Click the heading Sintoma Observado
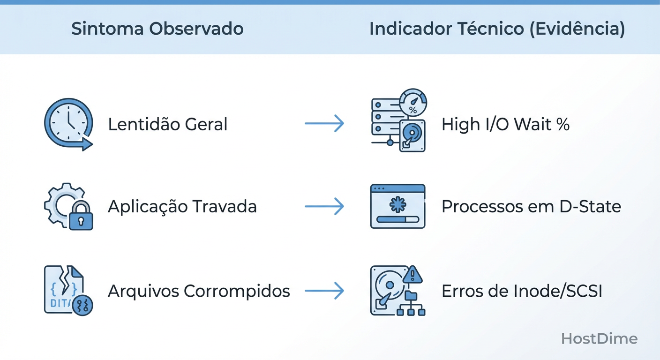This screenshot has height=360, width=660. point(157,29)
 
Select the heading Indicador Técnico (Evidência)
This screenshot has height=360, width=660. point(497,29)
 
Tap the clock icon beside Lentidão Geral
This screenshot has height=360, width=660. point(68,124)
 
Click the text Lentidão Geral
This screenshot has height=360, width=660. point(168,124)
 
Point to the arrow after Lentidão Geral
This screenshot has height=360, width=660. point(324,124)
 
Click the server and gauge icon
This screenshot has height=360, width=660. point(398,121)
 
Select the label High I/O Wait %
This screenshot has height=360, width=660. point(505,124)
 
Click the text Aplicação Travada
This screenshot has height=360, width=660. point(182,207)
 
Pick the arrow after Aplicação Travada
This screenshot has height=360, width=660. point(324,207)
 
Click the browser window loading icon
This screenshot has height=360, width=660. point(397,206)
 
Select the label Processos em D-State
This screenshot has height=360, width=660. point(531,207)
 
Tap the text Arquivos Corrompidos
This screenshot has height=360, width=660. point(199,291)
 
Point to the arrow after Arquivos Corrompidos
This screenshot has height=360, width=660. point(324,291)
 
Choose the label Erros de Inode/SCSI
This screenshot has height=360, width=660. point(522,291)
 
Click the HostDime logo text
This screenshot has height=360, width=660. point(599,339)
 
